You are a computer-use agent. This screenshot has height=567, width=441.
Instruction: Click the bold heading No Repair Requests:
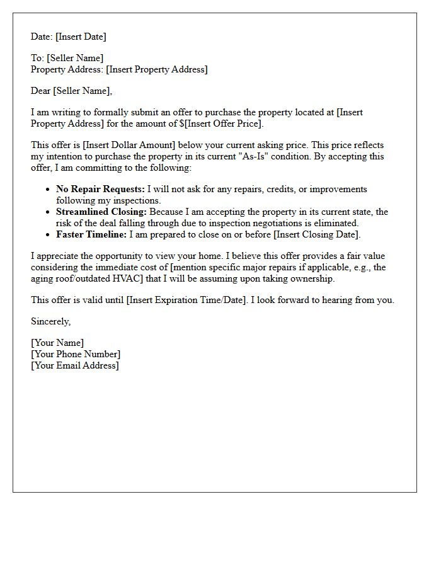coord(100,190)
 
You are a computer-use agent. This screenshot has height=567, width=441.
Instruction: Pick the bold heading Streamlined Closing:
coord(101,212)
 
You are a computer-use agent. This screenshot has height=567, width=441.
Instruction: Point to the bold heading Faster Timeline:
coord(91,235)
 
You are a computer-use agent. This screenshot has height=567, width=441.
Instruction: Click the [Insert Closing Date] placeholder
coord(317,235)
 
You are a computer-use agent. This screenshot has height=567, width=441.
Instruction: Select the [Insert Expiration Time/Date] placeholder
coord(186,301)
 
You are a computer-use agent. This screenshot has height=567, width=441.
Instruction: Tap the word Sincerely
coord(50,322)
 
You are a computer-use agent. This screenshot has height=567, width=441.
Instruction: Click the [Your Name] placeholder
coord(57,343)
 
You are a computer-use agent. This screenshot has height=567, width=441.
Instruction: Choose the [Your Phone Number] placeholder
coord(76,355)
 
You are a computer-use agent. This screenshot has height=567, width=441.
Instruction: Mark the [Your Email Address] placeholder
coord(75,366)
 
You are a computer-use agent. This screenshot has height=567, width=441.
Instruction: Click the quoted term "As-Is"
coord(256,157)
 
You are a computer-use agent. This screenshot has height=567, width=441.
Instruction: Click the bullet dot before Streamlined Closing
coord(48,212)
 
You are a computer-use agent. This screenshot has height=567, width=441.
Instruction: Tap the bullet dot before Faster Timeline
coord(48,235)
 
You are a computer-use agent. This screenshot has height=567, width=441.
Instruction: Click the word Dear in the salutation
coord(41,91)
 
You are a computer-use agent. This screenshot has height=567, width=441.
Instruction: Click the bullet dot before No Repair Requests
coord(48,190)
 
